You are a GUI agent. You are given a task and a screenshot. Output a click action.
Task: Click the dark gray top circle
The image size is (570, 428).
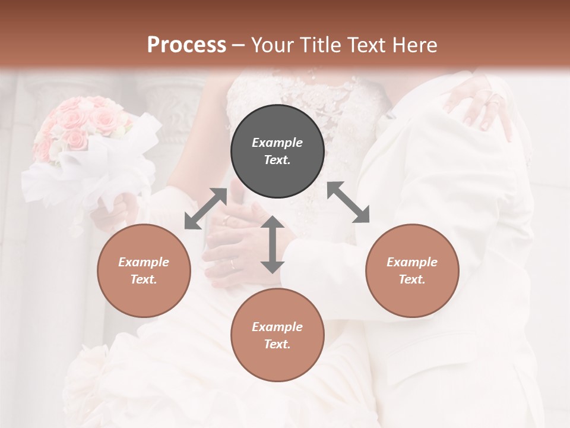[277, 151]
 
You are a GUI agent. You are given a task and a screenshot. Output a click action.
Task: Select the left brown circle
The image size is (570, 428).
[144, 270]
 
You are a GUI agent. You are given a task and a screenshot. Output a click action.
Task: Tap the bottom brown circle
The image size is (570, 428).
[277, 335]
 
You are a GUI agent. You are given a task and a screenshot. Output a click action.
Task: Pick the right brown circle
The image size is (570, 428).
[411, 270]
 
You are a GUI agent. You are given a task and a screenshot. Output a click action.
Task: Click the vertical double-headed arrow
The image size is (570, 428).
[273, 244]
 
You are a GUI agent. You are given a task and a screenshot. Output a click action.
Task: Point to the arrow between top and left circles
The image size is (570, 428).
[205, 209]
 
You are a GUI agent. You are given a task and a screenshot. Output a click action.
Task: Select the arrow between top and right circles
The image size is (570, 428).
[349, 202]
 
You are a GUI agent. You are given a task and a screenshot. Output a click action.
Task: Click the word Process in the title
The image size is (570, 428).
[186, 45]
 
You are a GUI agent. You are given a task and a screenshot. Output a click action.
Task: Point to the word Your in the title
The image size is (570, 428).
[272, 45]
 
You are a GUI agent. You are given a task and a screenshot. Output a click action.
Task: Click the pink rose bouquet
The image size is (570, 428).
[83, 125]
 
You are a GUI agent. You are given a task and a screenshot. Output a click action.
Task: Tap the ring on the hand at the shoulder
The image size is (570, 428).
[493, 99]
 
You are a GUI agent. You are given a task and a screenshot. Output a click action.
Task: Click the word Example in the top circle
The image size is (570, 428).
[277, 143]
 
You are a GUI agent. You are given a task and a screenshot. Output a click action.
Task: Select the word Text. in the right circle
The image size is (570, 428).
[411, 279]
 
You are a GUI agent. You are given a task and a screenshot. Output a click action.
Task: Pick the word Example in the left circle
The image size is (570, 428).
[144, 262]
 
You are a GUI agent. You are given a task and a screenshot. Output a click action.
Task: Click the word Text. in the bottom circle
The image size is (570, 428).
[277, 344]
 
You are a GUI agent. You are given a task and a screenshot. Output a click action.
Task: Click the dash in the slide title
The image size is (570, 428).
[239, 45]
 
